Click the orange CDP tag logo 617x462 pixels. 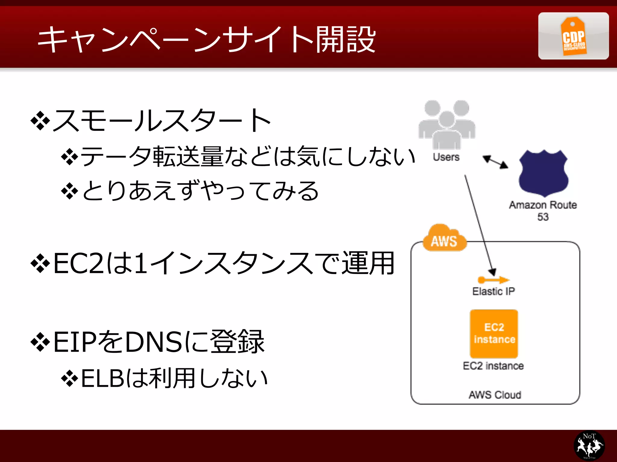573,36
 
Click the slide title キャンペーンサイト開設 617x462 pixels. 206,39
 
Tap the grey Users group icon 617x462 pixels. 447,125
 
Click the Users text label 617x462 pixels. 446,157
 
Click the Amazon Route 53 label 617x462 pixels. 543,211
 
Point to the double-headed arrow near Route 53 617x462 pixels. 495,162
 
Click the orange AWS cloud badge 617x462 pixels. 444,239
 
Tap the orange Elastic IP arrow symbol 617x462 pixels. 493,280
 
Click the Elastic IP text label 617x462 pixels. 493,291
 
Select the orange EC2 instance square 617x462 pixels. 494,333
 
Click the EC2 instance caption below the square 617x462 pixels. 493,366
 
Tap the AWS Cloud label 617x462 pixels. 495,395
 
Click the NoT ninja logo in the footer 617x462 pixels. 589,445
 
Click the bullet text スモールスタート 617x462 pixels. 162,120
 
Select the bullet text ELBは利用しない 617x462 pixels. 174,378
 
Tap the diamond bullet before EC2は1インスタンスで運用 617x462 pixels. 40,263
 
